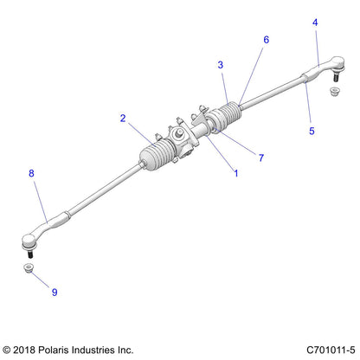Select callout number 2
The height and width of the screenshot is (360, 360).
[x=124, y=119]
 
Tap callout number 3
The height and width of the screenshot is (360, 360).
[x=221, y=65]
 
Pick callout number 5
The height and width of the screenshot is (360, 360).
[x=312, y=132]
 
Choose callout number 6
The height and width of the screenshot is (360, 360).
[x=266, y=40]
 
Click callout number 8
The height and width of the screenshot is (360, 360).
[x=32, y=174]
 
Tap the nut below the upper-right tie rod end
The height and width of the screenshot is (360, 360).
[x=333, y=90]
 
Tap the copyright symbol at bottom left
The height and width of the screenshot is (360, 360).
[x=8, y=350]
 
